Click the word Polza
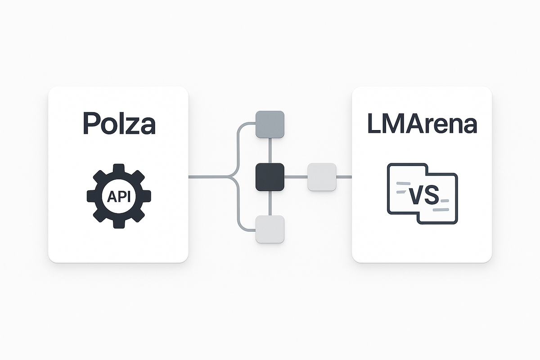[118, 123]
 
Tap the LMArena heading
[422, 123]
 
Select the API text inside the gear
[118, 196]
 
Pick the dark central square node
[270, 176]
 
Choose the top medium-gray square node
[270, 124]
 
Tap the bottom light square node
[270, 229]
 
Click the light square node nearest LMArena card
[322, 176]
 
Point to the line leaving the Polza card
[207, 176]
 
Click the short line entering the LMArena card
[344, 176]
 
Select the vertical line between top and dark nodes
[270, 150]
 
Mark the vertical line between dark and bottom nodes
[270, 202]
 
